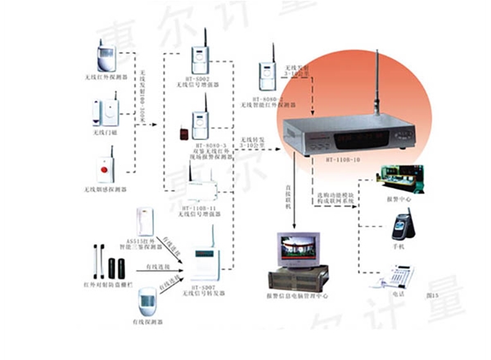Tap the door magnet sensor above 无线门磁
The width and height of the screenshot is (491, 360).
[106, 111]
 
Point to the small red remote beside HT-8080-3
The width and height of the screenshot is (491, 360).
[182, 130]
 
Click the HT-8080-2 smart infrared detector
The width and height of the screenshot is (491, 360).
[266, 76]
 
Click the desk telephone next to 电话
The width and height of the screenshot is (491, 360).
[395, 275]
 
